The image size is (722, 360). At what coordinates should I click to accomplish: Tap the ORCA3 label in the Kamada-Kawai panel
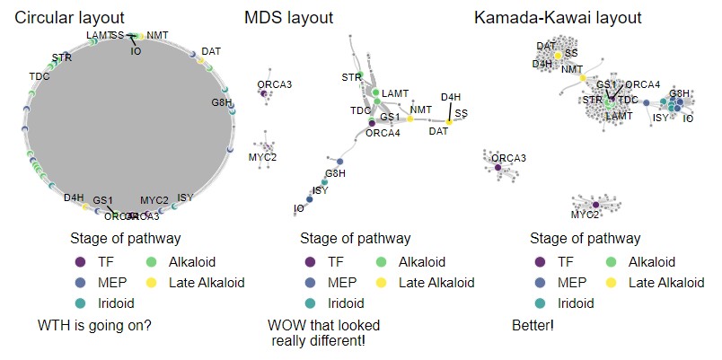(x=509, y=158)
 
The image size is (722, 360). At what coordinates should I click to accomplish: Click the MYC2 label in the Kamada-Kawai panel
(x=586, y=215)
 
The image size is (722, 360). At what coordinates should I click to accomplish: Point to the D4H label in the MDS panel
(x=451, y=97)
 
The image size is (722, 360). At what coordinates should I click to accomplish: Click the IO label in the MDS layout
(x=298, y=209)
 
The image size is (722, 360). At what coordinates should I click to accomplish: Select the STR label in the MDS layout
(x=351, y=78)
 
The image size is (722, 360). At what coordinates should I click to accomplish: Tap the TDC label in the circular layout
(x=40, y=76)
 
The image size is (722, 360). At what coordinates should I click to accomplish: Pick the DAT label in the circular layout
(x=212, y=51)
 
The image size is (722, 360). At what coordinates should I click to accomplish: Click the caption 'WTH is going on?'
(x=94, y=324)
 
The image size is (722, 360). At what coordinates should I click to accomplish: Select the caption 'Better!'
(x=533, y=324)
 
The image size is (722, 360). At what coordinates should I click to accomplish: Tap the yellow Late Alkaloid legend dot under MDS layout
(x=382, y=282)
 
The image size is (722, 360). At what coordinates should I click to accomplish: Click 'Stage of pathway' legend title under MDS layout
(x=356, y=239)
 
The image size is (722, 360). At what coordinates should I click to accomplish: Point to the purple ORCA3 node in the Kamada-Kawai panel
(x=497, y=167)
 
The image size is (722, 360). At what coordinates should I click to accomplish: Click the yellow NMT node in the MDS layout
(x=410, y=119)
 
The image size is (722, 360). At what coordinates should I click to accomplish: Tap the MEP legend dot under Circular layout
(x=80, y=282)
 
